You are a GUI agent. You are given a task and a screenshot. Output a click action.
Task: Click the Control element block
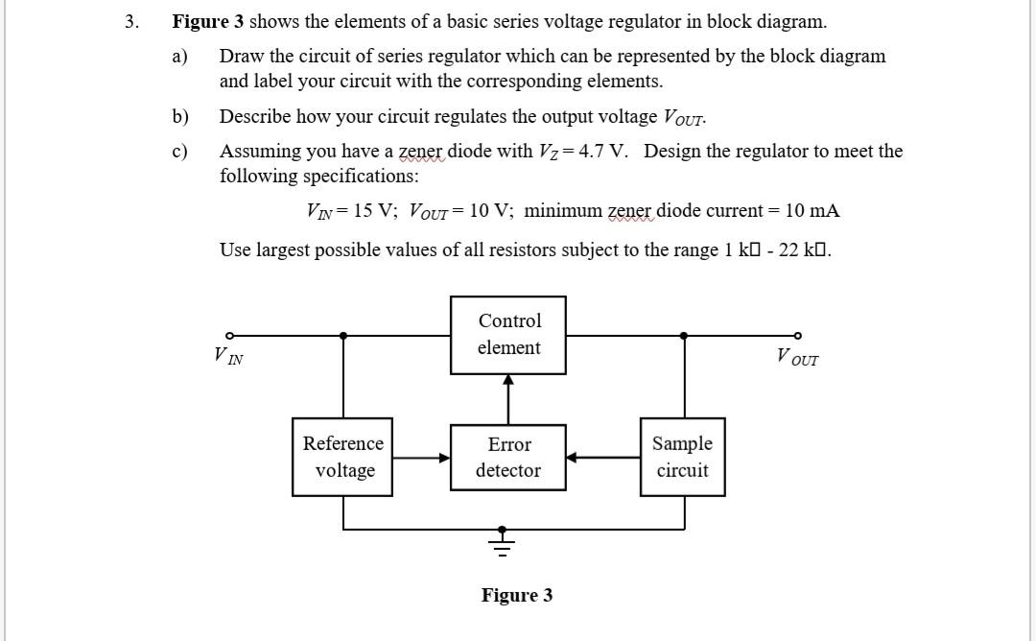tap(508, 335)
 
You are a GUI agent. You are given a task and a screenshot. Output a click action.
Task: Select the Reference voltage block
tap(342, 457)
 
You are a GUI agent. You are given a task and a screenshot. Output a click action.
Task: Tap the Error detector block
tap(508, 457)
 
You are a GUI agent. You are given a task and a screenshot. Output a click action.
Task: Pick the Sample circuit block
tap(682, 457)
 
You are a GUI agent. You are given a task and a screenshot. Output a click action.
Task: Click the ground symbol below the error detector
tap(501, 542)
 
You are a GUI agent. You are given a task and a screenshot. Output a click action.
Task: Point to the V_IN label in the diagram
tap(228, 357)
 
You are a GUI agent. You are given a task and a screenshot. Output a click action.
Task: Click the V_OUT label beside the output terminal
tap(797, 358)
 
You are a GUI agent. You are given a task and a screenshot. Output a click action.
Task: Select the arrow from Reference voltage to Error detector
tap(421, 458)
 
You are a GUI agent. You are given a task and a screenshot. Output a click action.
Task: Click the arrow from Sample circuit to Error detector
tap(602, 458)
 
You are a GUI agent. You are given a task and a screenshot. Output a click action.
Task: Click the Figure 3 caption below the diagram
tap(517, 596)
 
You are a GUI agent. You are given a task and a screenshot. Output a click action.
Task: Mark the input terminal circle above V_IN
tap(228, 336)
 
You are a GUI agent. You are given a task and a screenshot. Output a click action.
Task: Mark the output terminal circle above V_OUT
tap(797, 336)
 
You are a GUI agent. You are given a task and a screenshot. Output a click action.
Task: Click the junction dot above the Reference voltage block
tap(343, 336)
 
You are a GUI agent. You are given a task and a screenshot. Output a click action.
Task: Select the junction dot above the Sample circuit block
tap(683, 336)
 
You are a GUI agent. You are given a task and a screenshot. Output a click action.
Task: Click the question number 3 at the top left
tap(131, 21)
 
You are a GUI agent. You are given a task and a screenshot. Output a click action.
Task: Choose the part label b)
tap(180, 117)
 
